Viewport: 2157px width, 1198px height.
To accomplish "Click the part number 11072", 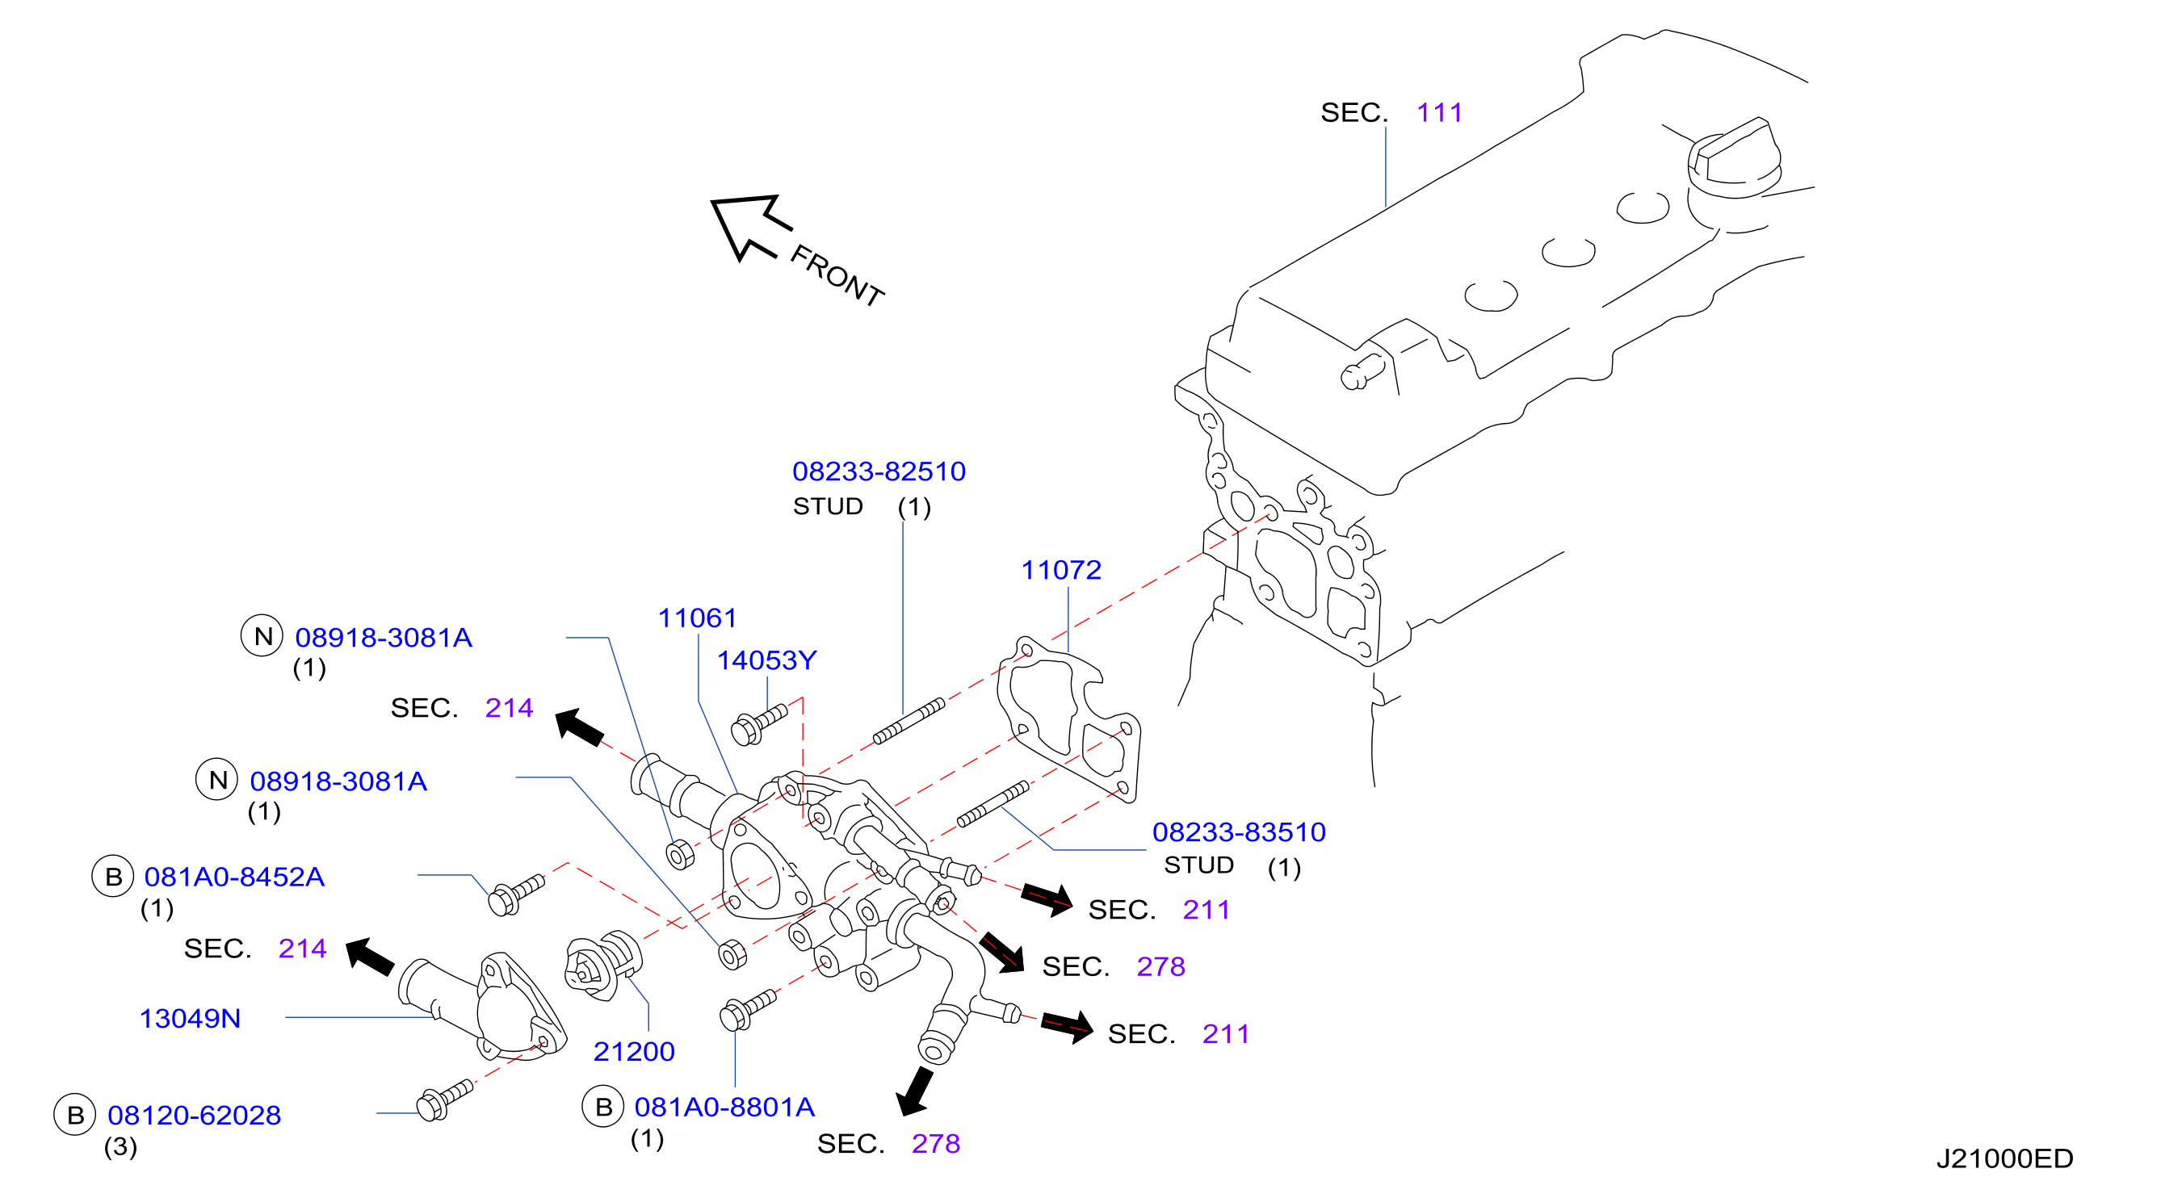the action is pyautogui.click(x=1061, y=570).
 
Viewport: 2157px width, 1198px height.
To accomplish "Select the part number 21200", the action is pyautogui.click(x=634, y=1052).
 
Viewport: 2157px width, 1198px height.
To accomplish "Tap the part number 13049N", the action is pyautogui.click(x=190, y=1019).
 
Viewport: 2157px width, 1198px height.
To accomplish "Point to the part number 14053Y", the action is pyautogui.click(x=766, y=660).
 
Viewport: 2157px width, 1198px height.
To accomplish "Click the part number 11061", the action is pyautogui.click(x=698, y=618).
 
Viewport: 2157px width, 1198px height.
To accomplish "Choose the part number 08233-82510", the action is pyautogui.click(x=879, y=471).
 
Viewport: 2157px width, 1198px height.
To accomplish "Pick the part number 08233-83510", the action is pyautogui.click(x=1240, y=832).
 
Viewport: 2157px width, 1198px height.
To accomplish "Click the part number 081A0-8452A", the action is pyautogui.click(x=234, y=878).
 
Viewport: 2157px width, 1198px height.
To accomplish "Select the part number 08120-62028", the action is pyautogui.click(x=195, y=1116).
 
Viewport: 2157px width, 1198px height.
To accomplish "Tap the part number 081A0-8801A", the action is pyautogui.click(x=724, y=1108).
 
